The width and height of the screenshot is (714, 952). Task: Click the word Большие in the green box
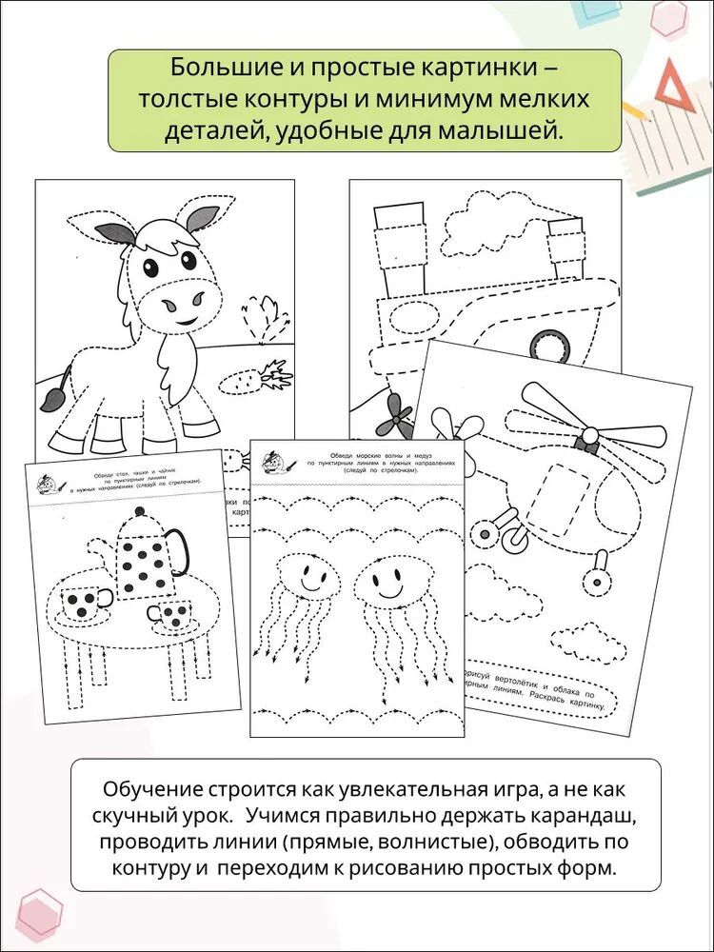212,69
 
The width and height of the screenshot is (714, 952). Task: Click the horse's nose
180,305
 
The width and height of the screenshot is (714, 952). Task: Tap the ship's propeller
394,414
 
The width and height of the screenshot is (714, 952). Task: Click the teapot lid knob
140,513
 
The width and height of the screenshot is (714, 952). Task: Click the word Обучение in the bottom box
149,791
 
